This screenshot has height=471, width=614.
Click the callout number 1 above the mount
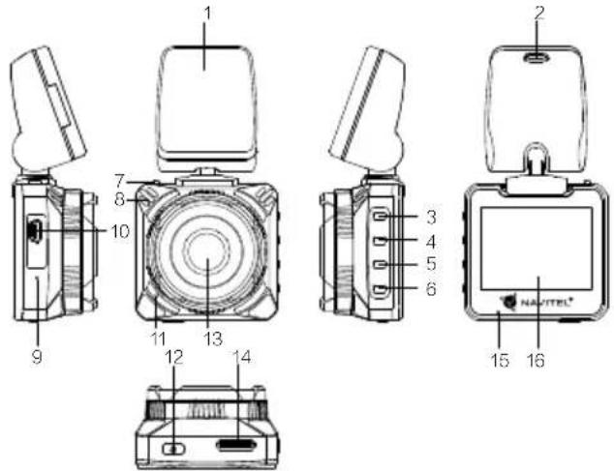(208, 15)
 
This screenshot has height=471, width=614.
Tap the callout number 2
(539, 14)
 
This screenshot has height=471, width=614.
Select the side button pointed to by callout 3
(380, 217)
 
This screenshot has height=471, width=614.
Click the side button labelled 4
(380, 241)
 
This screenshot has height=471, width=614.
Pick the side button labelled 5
(380, 265)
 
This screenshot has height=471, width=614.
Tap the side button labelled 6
(380, 289)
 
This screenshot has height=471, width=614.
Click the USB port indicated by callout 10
(35, 231)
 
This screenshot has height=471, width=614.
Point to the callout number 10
(120, 231)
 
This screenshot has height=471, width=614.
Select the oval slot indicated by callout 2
(537, 57)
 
